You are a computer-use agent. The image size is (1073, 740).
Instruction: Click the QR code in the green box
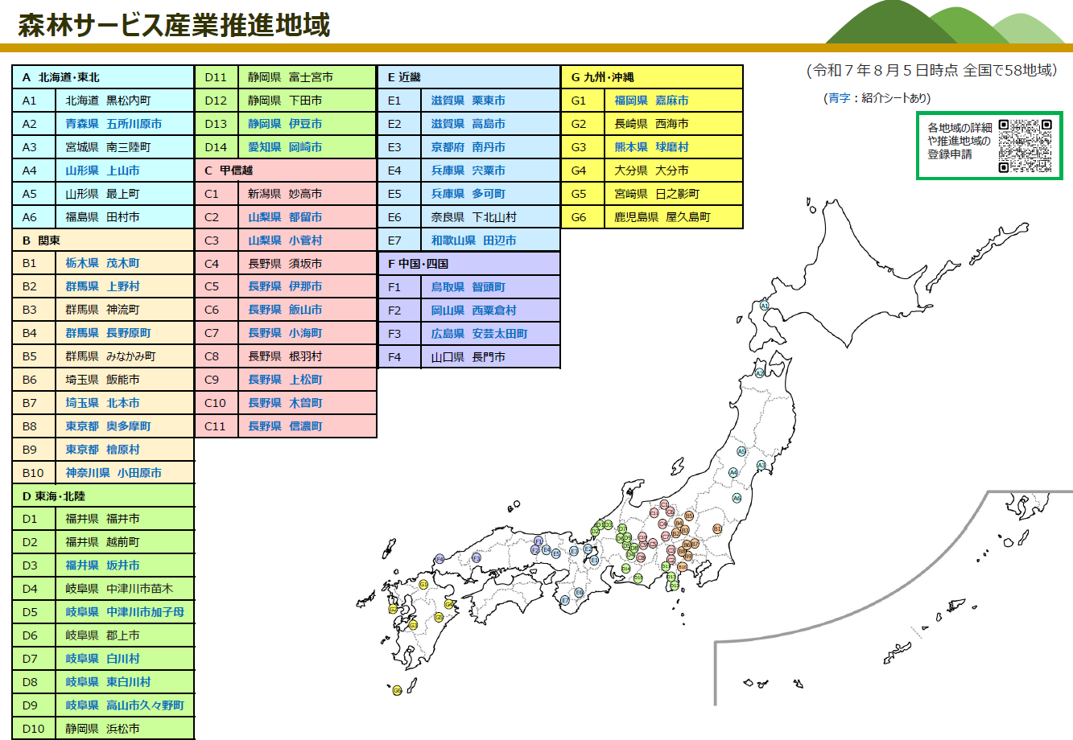pos(1025,146)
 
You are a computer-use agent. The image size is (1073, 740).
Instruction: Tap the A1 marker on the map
pos(764,306)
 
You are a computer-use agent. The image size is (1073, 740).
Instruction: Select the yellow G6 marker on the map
pos(397,690)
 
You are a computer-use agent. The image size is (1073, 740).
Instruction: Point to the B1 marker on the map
pos(717,528)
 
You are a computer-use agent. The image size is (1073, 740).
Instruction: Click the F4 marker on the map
pos(440,559)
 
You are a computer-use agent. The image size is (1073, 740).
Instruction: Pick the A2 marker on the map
pos(758,373)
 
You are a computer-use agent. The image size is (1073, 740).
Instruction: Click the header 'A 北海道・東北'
pos(103,77)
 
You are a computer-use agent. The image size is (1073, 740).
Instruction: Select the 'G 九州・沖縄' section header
pos(652,77)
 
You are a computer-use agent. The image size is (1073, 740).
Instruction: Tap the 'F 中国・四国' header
pos(468,264)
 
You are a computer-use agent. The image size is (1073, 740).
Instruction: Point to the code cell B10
pos(34,473)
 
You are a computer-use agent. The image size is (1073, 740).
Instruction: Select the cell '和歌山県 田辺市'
pos(473,240)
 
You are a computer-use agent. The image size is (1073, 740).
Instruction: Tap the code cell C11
pos(216,426)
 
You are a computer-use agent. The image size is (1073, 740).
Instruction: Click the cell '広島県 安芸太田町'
pos(479,334)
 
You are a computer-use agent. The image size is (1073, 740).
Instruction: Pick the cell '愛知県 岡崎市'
pos(285,147)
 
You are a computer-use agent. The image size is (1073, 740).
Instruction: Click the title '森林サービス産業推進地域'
pos(174,25)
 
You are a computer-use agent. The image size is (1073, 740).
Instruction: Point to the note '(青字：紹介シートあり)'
pos(877,98)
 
